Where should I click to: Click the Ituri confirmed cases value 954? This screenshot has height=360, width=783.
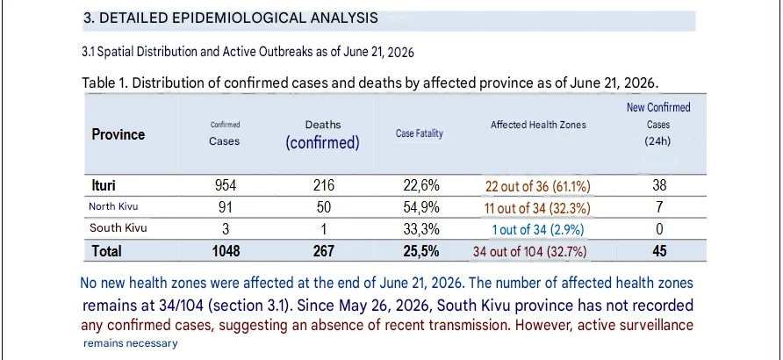(226, 186)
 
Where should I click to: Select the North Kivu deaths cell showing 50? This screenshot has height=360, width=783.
(324, 207)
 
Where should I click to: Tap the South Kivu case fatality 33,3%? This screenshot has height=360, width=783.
(421, 229)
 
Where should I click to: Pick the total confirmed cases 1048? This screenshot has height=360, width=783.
(226, 250)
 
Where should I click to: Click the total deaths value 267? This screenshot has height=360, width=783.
(324, 250)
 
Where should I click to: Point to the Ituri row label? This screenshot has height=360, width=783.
(104, 186)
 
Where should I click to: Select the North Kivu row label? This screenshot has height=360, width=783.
(113, 206)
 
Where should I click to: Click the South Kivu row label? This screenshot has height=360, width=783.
(119, 228)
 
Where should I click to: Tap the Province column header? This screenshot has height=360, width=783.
(119, 134)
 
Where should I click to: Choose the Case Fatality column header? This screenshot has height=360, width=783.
(420, 133)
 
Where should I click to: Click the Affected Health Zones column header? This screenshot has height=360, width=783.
(538, 125)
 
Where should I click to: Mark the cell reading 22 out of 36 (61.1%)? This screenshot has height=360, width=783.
(538, 187)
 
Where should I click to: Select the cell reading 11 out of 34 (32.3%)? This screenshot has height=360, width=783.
(537, 208)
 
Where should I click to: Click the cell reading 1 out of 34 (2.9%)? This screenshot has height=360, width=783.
(538, 230)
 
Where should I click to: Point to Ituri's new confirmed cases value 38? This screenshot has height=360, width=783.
(659, 186)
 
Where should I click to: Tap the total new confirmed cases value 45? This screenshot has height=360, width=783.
(659, 250)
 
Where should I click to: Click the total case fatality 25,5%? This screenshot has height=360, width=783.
(421, 250)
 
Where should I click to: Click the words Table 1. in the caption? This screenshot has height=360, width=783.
(104, 83)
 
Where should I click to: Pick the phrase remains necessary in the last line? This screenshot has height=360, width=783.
(130, 343)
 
